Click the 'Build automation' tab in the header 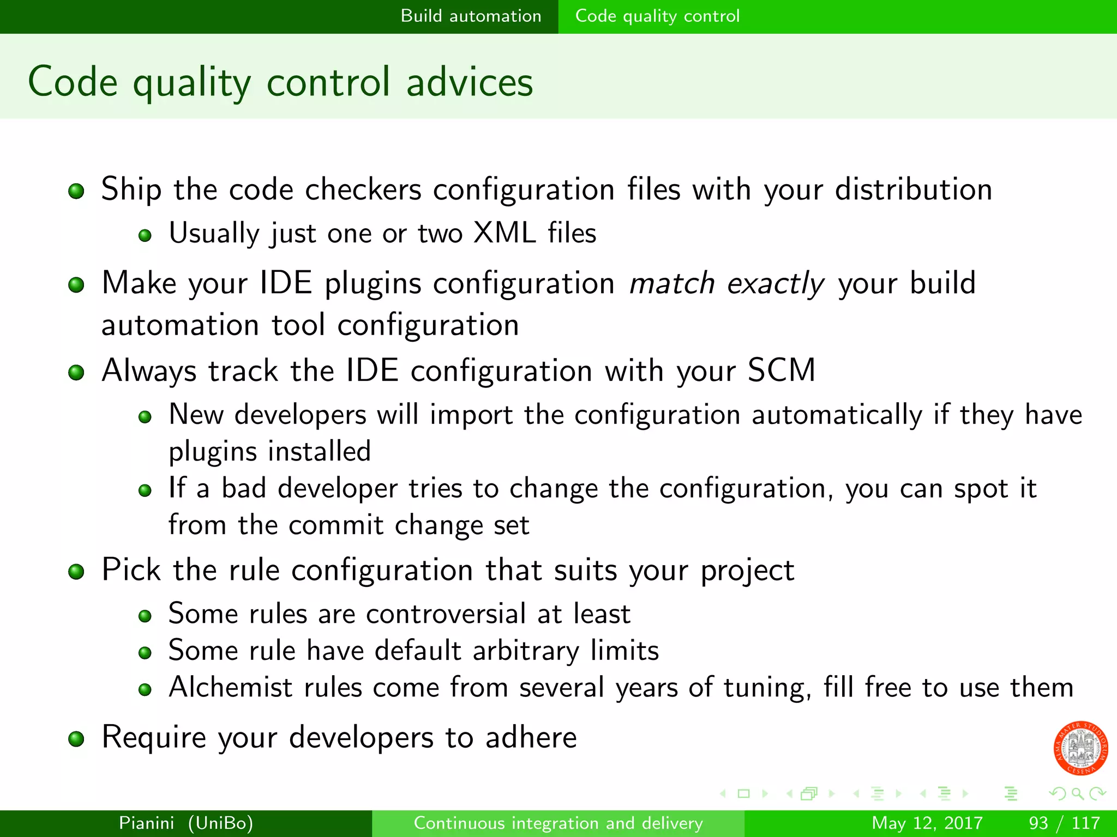click(x=471, y=16)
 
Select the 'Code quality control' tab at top click(x=657, y=16)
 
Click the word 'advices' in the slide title click(x=470, y=82)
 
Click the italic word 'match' click(x=671, y=284)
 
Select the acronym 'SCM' click(x=781, y=371)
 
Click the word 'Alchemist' click(x=230, y=687)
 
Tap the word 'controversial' click(x=446, y=614)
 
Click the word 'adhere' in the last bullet click(x=531, y=737)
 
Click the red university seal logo click(x=1080, y=748)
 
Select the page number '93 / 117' click(x=1064, y=823)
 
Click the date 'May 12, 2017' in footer click(x=927, y=823)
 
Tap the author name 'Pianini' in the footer click(x=146, y=823)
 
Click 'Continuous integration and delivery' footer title click(x=558, y=823)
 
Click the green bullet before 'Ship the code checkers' click(x=76, y=191)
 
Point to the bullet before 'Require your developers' click(x=76, y=739)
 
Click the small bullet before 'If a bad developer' click(x=145, y=490)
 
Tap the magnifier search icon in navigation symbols click(x=1077, y=793)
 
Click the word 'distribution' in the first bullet click(x=913, y=190)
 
